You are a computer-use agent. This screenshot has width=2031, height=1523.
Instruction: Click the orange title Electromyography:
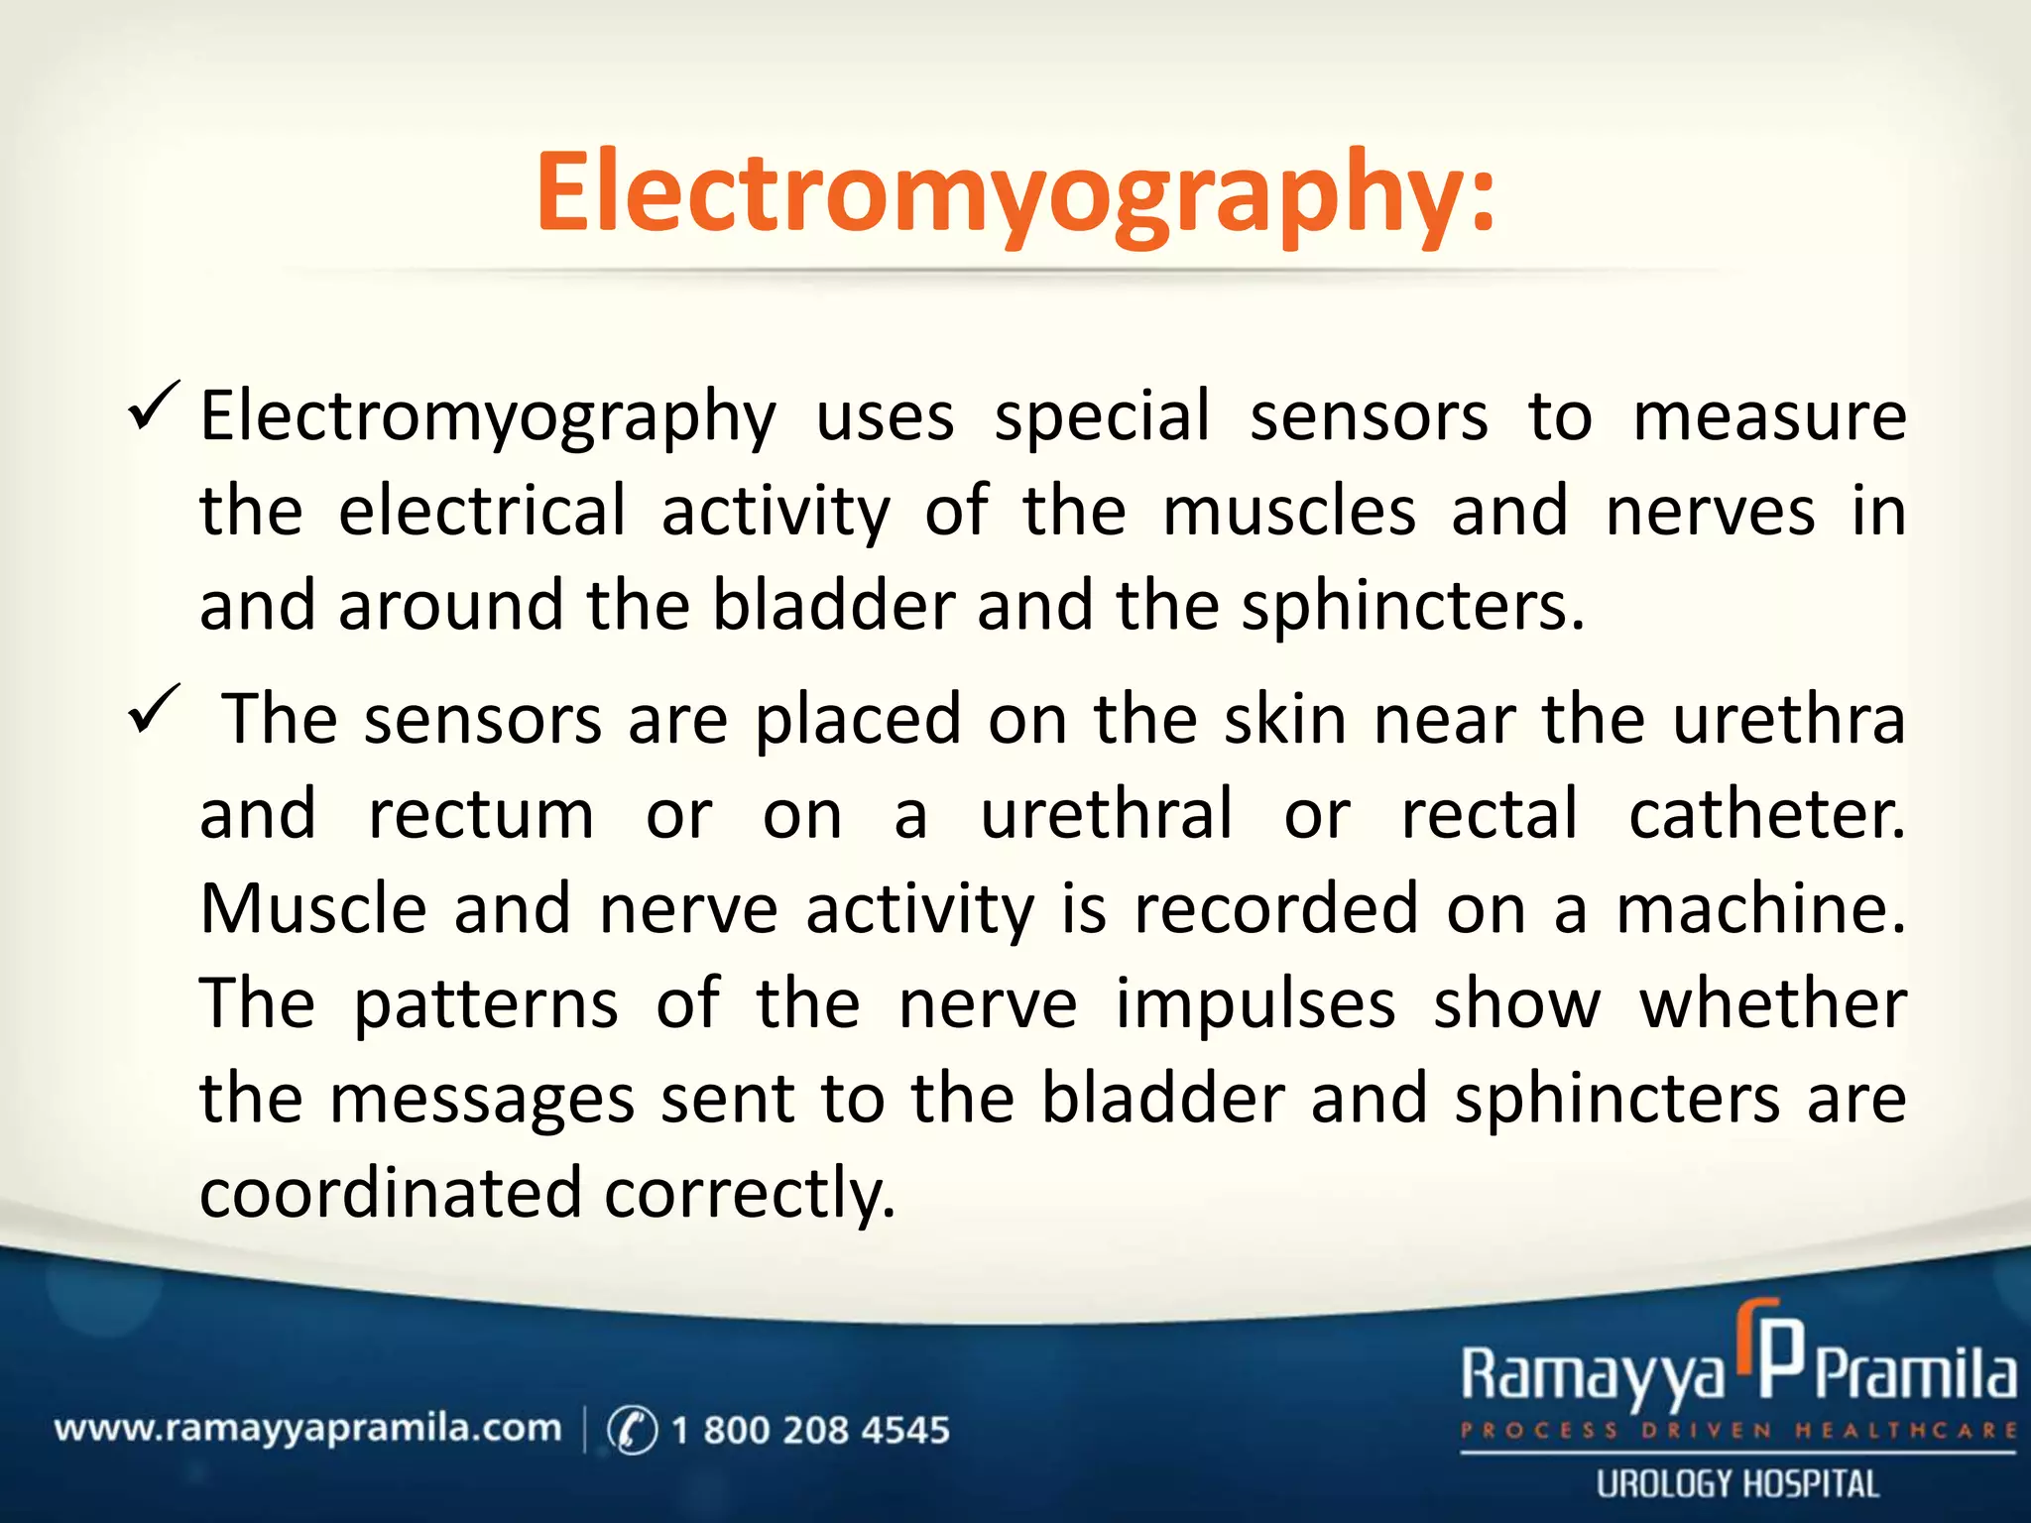tap(1015, 193)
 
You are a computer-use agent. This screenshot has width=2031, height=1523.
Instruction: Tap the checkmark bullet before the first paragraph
tap(154, 407)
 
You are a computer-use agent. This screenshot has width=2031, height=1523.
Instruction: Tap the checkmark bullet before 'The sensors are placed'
tap(154, 710)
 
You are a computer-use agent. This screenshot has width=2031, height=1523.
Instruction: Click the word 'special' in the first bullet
tap(1102, 416)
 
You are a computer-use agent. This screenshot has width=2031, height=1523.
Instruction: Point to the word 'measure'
tap(1769, 416)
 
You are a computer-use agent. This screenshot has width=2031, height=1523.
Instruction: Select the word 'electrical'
tap(482, 512)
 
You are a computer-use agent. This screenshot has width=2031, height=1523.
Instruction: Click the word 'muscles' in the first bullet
tap(1289, 512)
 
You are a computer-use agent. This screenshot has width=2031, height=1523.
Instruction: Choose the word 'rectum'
tap(481, 815)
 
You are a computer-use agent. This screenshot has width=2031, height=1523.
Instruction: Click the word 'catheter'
tap(1765, 815)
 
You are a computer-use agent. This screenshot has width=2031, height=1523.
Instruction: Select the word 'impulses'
tap(1255, 1005)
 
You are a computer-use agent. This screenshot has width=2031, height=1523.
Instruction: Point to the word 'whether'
tap(1773, 1003)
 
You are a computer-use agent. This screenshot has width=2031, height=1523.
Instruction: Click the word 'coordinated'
tap(390, 1192)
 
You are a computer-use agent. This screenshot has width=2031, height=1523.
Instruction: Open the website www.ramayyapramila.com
tap(307, 1429)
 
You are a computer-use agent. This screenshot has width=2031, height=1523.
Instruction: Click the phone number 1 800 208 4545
tap(809, 1430)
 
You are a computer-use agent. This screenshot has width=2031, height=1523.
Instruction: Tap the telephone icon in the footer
tap(632, 1430)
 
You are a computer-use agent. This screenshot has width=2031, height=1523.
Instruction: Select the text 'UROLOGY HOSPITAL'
tap(1737, 1484)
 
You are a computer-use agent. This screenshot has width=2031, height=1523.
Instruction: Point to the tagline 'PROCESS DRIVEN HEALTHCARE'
tap(1737, 1431)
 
